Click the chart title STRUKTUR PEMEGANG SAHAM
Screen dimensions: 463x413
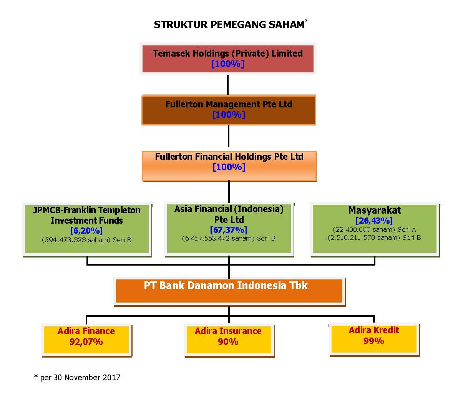(x=229, y=25)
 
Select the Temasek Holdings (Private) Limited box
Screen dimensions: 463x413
(x=228, y=59)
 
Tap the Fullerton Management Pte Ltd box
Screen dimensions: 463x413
(x=229, y=110)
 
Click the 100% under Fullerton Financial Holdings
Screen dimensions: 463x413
(x=229, y=167)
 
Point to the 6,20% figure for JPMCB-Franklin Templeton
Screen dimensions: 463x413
(x=86, y=231)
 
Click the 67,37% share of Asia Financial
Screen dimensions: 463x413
(x=229, y=230)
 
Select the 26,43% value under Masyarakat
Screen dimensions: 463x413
(x=374, y=221)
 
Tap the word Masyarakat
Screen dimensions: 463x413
(x=375, y=210)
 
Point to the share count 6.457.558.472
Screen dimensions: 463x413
(x=207, y=238)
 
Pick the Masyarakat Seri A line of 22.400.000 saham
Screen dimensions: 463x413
(x=374, y=229)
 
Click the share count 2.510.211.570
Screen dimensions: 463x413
(x=353, y=237)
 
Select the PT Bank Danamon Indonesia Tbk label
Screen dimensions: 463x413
(x=226, y=285)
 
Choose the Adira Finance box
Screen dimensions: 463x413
(x=86, y=340)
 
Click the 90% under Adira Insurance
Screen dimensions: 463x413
(x=228, y=342)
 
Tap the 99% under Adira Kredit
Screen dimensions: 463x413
(x=373, y=341)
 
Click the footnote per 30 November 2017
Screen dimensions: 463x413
(x=77, y=378)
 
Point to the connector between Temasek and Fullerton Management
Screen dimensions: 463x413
(x=228, y=85)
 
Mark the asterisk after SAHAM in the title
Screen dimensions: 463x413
(x=307, y=20)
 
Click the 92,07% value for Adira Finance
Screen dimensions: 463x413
(x=86, y=342)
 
